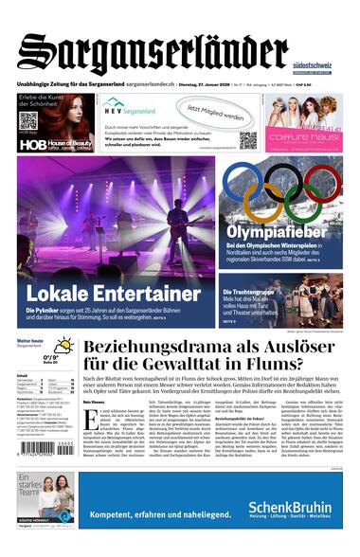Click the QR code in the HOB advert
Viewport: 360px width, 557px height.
(28, 121)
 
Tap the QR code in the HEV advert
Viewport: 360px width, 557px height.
(247, 139)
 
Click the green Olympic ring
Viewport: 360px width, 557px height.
(295, 204)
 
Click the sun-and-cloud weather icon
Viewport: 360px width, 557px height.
(64, 346)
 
